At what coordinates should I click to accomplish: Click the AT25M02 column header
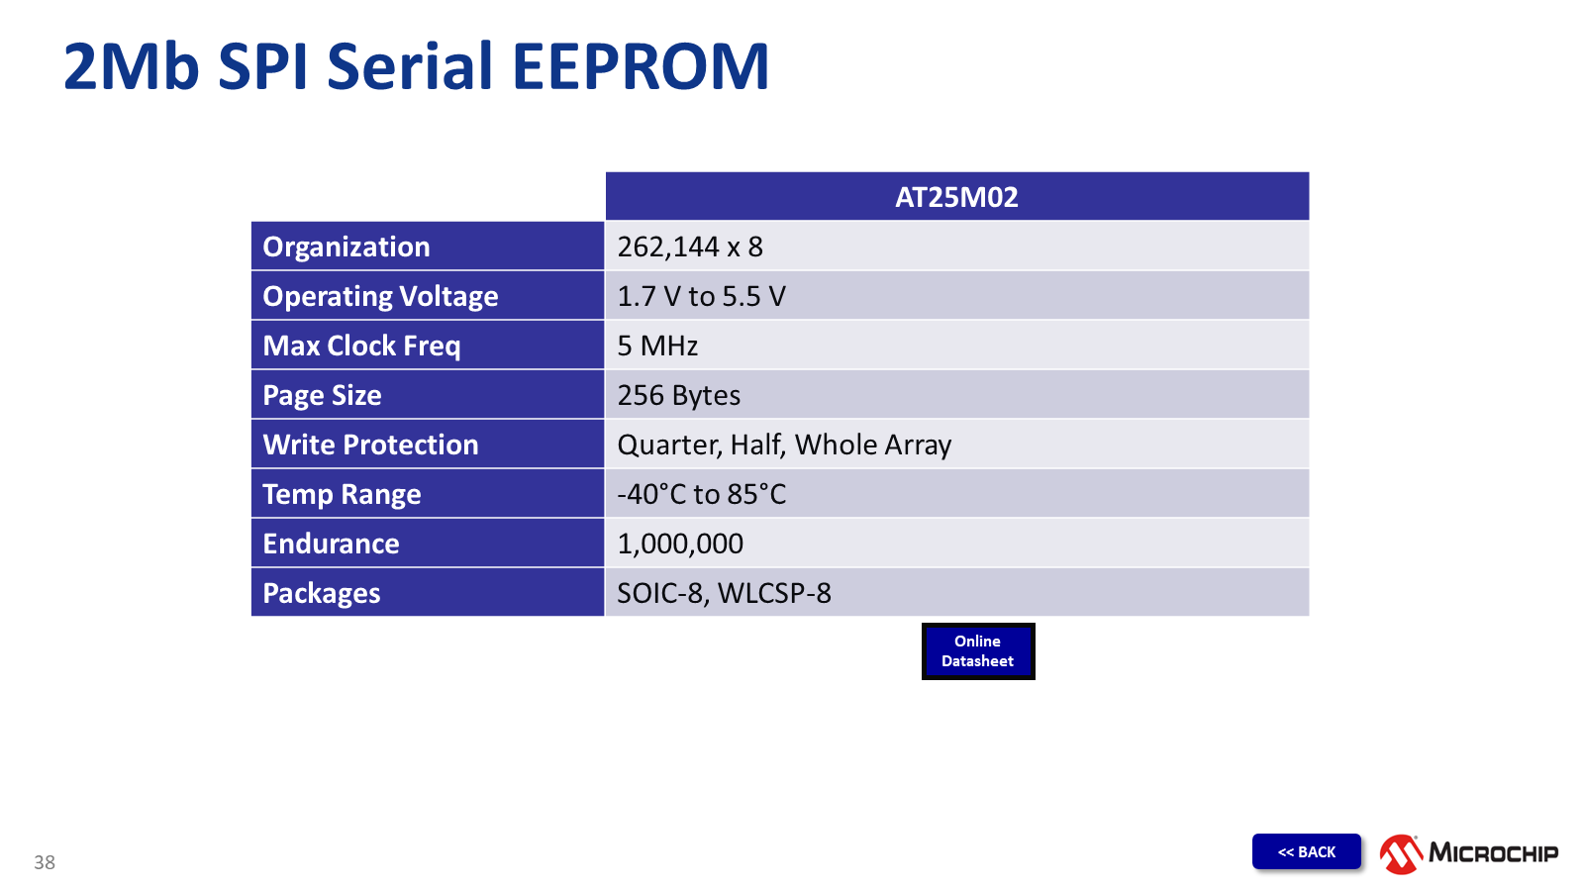click(x=956, y=197)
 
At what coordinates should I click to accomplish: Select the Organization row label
click(x=346, y=247)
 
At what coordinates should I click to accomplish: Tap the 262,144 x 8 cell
click(x=689, y=247)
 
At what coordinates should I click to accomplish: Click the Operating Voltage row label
click(x=380, y=296)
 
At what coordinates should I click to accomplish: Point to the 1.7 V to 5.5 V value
click(x=701, y=296)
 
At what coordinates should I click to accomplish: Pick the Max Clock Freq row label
click(x=361, y=346)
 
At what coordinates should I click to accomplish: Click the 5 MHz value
click(x=657, y=346)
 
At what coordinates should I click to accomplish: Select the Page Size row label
click(x=322, y=395)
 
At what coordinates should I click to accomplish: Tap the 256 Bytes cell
click(x=678, y=395)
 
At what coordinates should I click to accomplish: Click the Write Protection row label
click(x=370, y=445)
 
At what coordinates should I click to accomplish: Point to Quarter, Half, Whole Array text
click(x=784, y=445)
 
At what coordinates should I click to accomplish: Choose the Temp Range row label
click(x=342, y=494)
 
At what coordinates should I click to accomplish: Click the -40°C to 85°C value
click(x=702, y=494)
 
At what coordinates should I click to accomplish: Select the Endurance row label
click(x=331, y=544)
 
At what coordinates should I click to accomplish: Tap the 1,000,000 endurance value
click(x=680, y=544)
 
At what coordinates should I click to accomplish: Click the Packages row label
click(x=321, y=593)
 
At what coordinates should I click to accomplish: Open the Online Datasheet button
click(x=978, y=651)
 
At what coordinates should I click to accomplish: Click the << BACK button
click(x=1306, y=851)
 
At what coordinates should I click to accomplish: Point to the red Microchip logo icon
click(x=1401, y=853)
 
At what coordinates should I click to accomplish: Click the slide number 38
click(x=45, y=862)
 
